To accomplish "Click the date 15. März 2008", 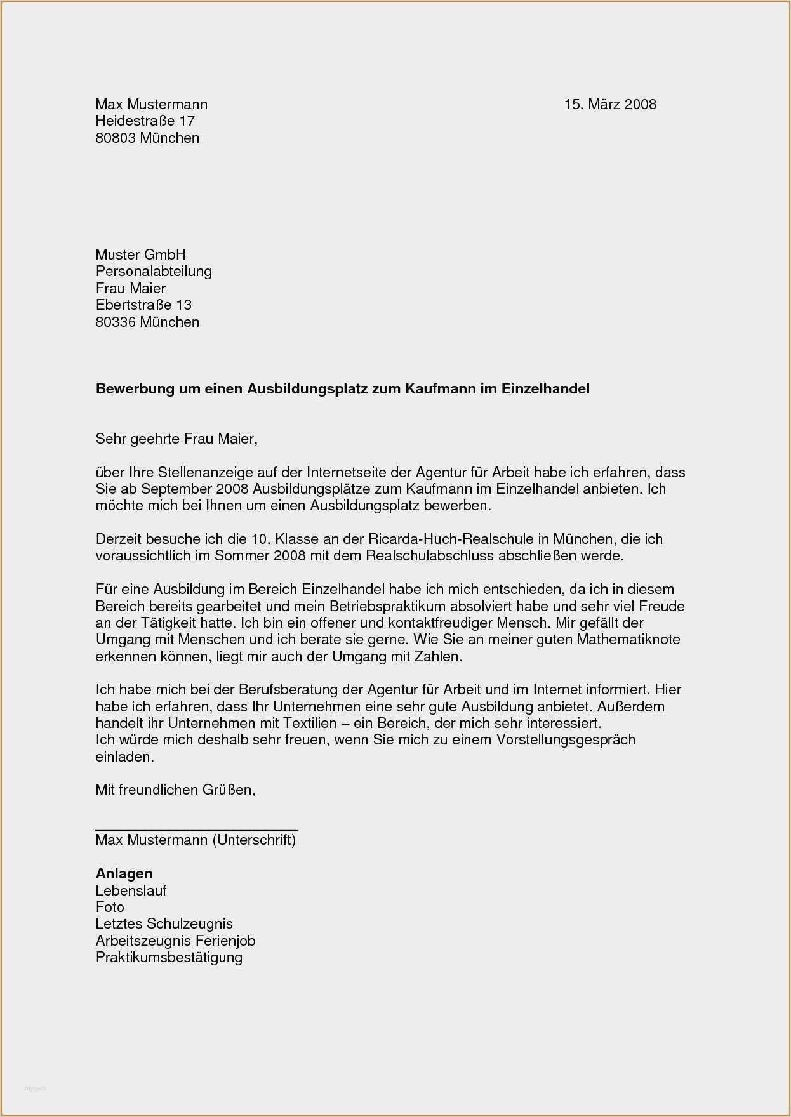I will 610,104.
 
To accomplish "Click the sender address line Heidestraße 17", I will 145,121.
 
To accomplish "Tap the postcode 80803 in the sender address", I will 116,138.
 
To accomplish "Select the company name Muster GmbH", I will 140,254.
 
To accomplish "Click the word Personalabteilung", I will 154,271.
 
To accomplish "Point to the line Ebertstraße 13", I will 143,305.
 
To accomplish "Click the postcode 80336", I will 116,322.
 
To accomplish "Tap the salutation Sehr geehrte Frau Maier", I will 176,439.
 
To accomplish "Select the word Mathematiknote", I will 628,639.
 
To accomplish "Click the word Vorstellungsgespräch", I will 565,739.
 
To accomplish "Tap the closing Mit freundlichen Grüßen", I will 175,790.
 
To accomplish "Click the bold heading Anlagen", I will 124,874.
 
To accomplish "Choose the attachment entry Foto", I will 110,907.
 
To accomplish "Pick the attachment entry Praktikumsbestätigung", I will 169,957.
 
